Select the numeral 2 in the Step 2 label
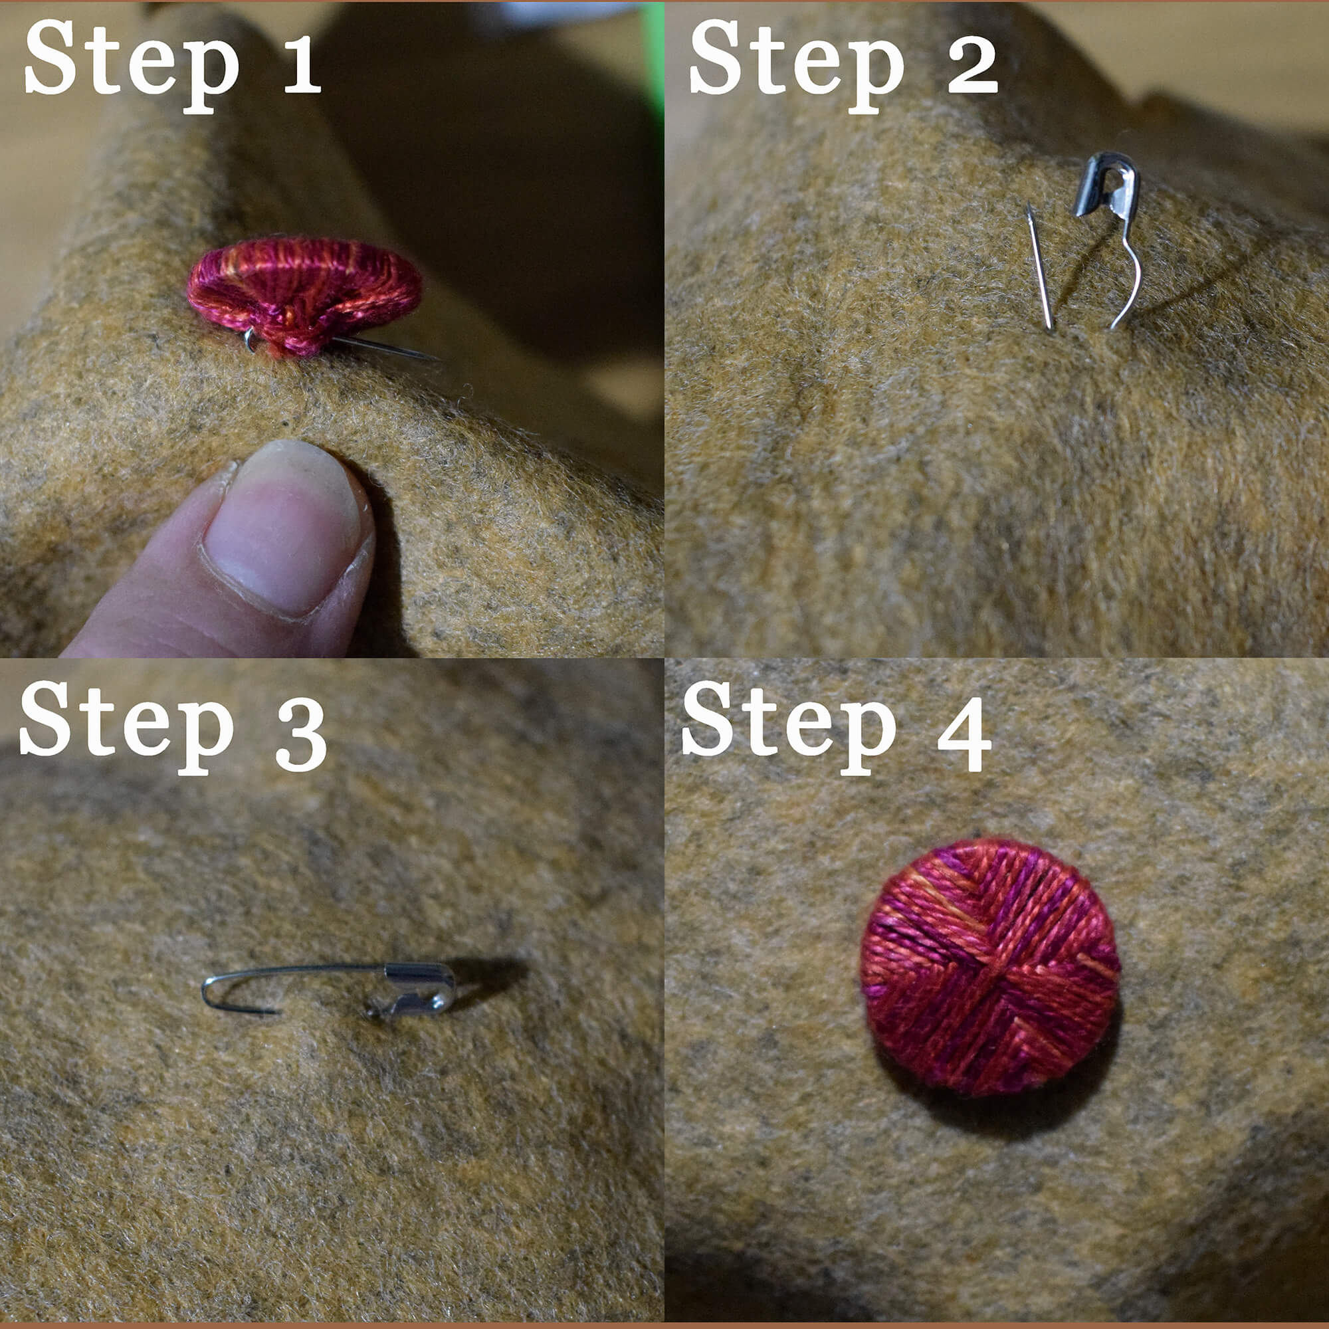[972, 63]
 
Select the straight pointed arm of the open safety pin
[1039, 268]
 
